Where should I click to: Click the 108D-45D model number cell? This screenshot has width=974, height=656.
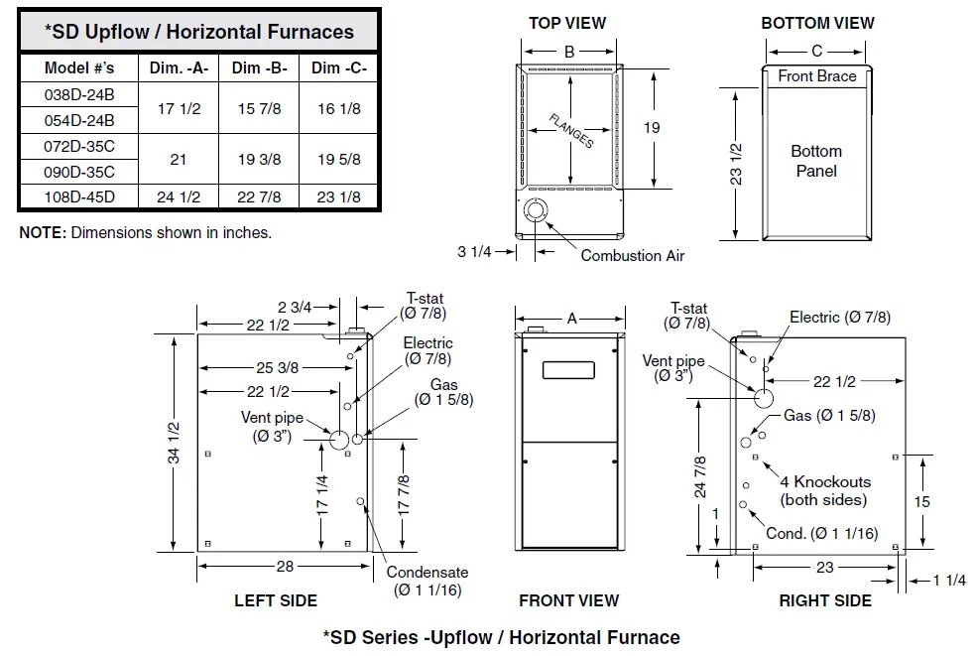pos(80,197)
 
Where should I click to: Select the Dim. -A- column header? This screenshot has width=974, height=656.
pos(179,67)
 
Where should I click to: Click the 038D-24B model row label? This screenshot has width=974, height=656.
pos(80,97)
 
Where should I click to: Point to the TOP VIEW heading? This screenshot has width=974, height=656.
pos(567,23)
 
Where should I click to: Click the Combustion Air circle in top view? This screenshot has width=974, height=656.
pos(536,211)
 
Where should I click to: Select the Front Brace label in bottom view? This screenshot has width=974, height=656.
pos(817,76)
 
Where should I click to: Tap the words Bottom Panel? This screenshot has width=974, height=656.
pos(816,161)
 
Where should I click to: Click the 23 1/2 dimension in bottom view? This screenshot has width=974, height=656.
pos(735,164)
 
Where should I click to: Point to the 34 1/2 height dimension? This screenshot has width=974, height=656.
pos(175,443)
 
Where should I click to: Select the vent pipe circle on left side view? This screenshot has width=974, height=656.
pos(337,439)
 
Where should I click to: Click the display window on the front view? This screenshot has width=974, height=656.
pos(568,369)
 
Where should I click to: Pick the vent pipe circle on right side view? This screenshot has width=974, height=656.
pos(764,398)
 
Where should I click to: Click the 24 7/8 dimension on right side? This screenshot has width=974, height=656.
pos(700,476)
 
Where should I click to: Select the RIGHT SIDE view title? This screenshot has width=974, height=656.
pos(825,600)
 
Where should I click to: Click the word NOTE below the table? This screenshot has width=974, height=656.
pos(42,232)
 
